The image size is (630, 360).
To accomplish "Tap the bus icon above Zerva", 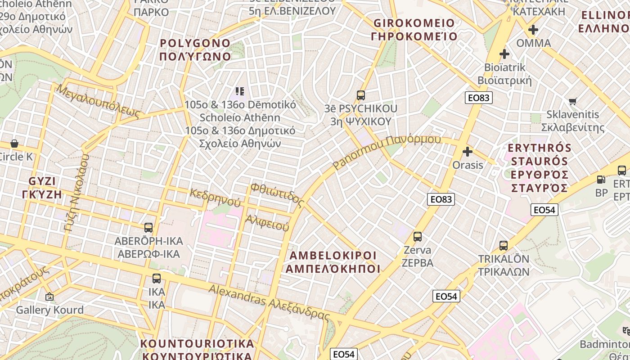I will pyautogui.click(x=418, y=237).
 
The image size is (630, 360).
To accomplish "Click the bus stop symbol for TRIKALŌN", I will pyautogui.click(x=504, y=246).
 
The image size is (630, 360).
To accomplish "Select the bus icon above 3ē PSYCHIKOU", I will pyautogui.click(x=361, y=95).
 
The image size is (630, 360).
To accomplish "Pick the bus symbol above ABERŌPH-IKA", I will pyautogui.click(x=148, y=228).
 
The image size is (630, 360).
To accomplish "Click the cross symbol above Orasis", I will pyautogui.click(x=468, y=152).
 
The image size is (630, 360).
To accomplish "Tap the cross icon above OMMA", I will pyautogui.click(x=533, y=30).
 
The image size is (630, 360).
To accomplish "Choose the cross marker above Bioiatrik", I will pyautogui.click(x=504, y=54).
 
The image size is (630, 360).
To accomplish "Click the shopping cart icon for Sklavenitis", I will pyautogui.click(x=572, y=101).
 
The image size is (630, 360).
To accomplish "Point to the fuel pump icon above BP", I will pyautogui.click(x=601, y=180).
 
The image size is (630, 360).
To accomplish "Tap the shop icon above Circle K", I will pyautogui.click(x=14, y=144).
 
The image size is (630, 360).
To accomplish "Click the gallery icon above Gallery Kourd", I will pyautogui.click(x=49, y=297).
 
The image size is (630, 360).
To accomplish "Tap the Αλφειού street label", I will pyautogui.click(x=267, y=222).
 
